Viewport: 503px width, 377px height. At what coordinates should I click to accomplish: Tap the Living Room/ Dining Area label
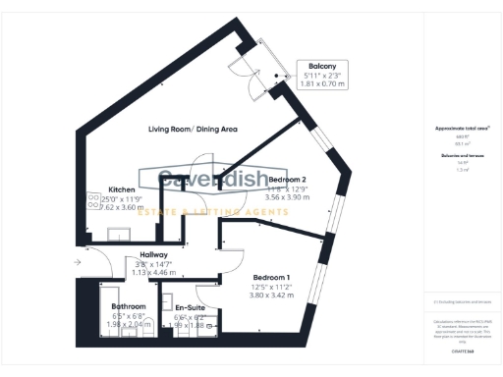tap(194, 130)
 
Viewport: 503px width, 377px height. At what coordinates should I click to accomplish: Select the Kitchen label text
tap(121, 189)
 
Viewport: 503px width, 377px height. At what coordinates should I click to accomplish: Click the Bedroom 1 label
tap(271, 277)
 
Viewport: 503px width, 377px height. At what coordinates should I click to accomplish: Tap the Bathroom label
tap(129, 306)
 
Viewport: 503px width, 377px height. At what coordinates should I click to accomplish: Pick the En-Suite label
tap(189, 306)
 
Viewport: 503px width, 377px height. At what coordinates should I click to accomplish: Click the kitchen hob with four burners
tap(94, 199)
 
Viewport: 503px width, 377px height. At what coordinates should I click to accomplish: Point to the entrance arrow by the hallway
tap(78, 262)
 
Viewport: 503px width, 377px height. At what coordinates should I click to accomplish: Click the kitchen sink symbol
tap(126, 232)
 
